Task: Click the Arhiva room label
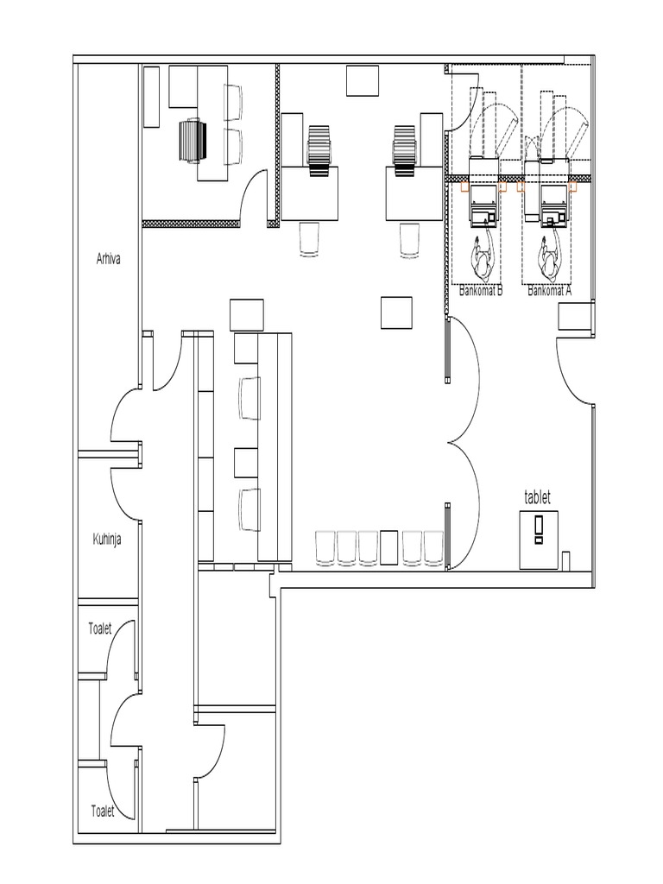(x=108, y=256)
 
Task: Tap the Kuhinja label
(x=108, y=540)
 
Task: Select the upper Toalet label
(x=100, y=629)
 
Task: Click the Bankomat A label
(x=549, y=292)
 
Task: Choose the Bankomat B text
(x=481, y=292)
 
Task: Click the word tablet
(x=537, y=497)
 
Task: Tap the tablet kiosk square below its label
(x=539, y=540)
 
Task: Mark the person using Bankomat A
(x=549, y=257)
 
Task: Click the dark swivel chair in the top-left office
(x=193, y=141)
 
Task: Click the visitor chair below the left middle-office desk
(x=310, y=239)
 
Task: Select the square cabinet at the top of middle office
(x=363, y=80)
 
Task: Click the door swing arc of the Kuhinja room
(x=123, y=490)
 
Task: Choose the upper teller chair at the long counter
(x=249, y=397)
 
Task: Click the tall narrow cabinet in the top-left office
(x=150, y=98)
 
